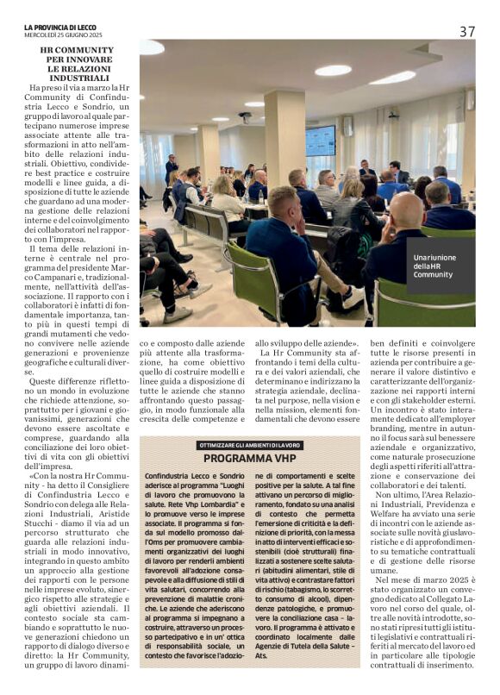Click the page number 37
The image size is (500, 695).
click(x=466, y=31)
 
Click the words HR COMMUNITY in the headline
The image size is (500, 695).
click(x=77, y=51)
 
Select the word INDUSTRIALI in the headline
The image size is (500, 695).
click(x=77, y=77)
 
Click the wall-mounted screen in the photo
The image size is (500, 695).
click(x=321, y=140)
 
